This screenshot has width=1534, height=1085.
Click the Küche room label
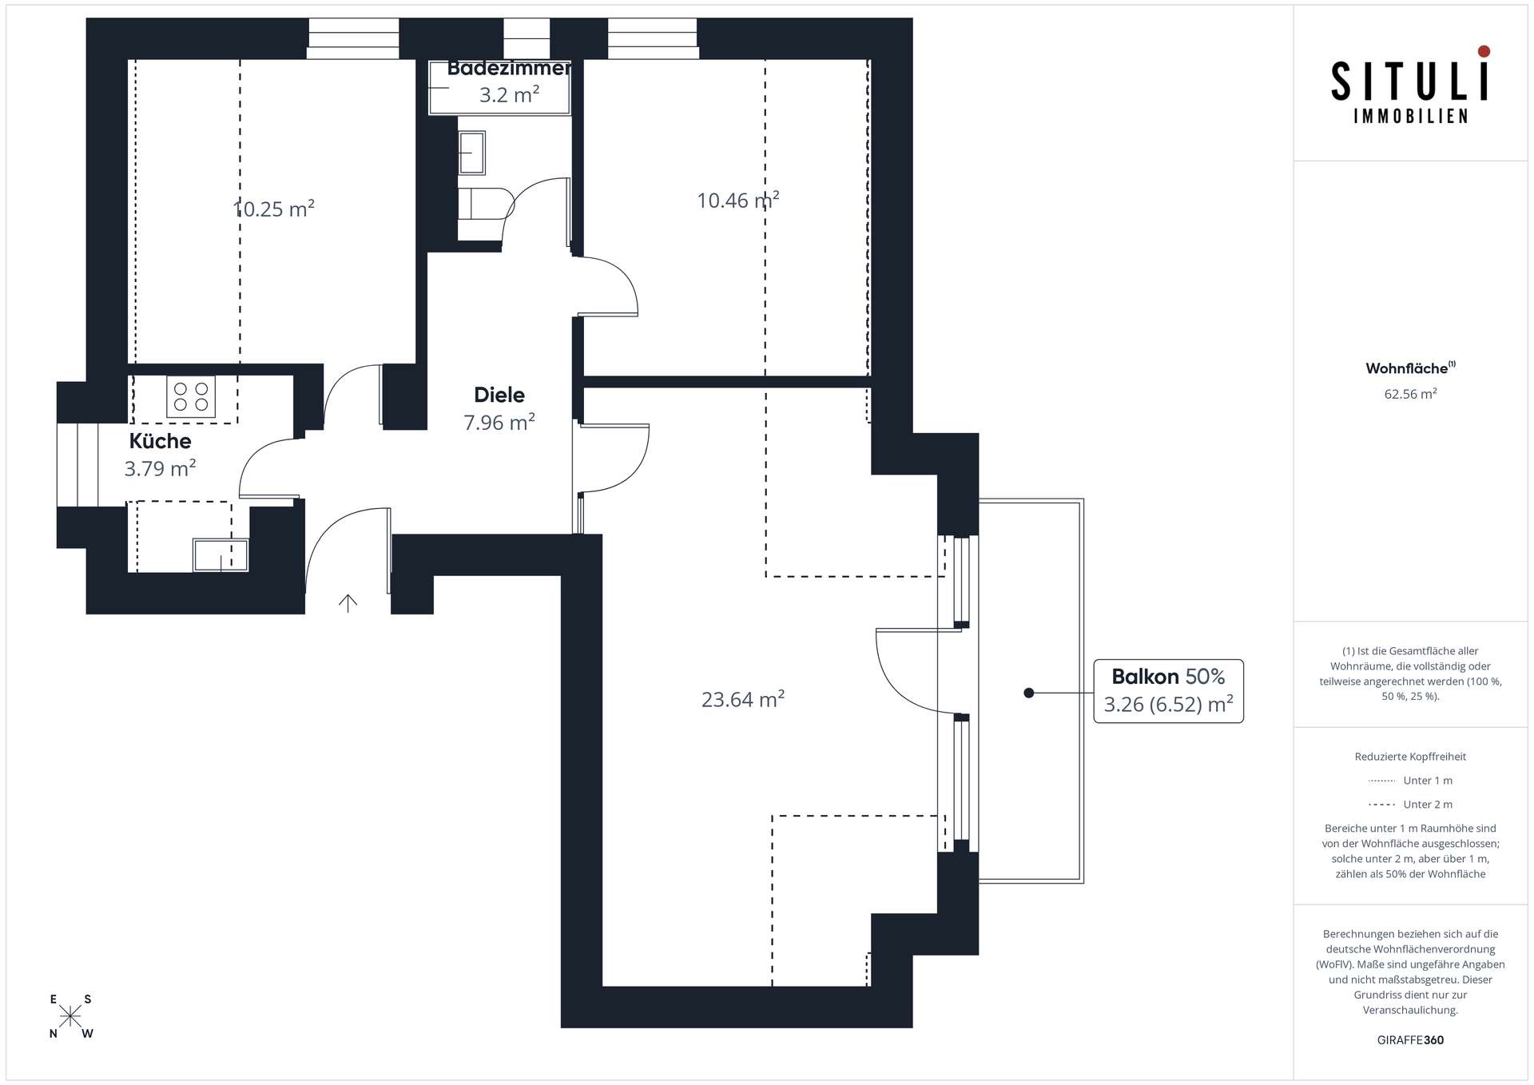coord(160,441)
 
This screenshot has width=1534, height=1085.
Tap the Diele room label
coord(499,395)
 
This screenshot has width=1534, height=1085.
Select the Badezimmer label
coord(509,68)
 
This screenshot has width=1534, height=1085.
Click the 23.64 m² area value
coord(743,699)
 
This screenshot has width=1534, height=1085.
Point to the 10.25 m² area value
coord(273,209)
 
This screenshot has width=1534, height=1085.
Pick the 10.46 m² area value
coord(737,200)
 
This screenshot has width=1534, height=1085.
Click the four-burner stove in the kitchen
coord(191,396)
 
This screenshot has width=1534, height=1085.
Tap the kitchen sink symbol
coord(221,555)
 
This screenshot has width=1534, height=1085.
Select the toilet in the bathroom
coord(486,203)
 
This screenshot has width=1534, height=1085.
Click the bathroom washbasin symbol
coord(471,153)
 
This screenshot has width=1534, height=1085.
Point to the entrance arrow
coord(348,603)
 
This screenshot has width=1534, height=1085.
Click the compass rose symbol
coord(70,1016)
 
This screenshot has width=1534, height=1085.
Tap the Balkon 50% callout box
coord(1168,691)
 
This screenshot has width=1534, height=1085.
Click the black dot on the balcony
coord(1029,693)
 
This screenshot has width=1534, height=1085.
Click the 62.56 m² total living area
coord(1410,394)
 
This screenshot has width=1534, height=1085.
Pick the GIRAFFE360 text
coord(1410,1040)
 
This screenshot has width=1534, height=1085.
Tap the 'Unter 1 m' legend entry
coord(1410,781)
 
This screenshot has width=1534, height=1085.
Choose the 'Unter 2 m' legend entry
coord(1410,805)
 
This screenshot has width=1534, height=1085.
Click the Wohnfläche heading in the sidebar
coord(1410,368)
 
